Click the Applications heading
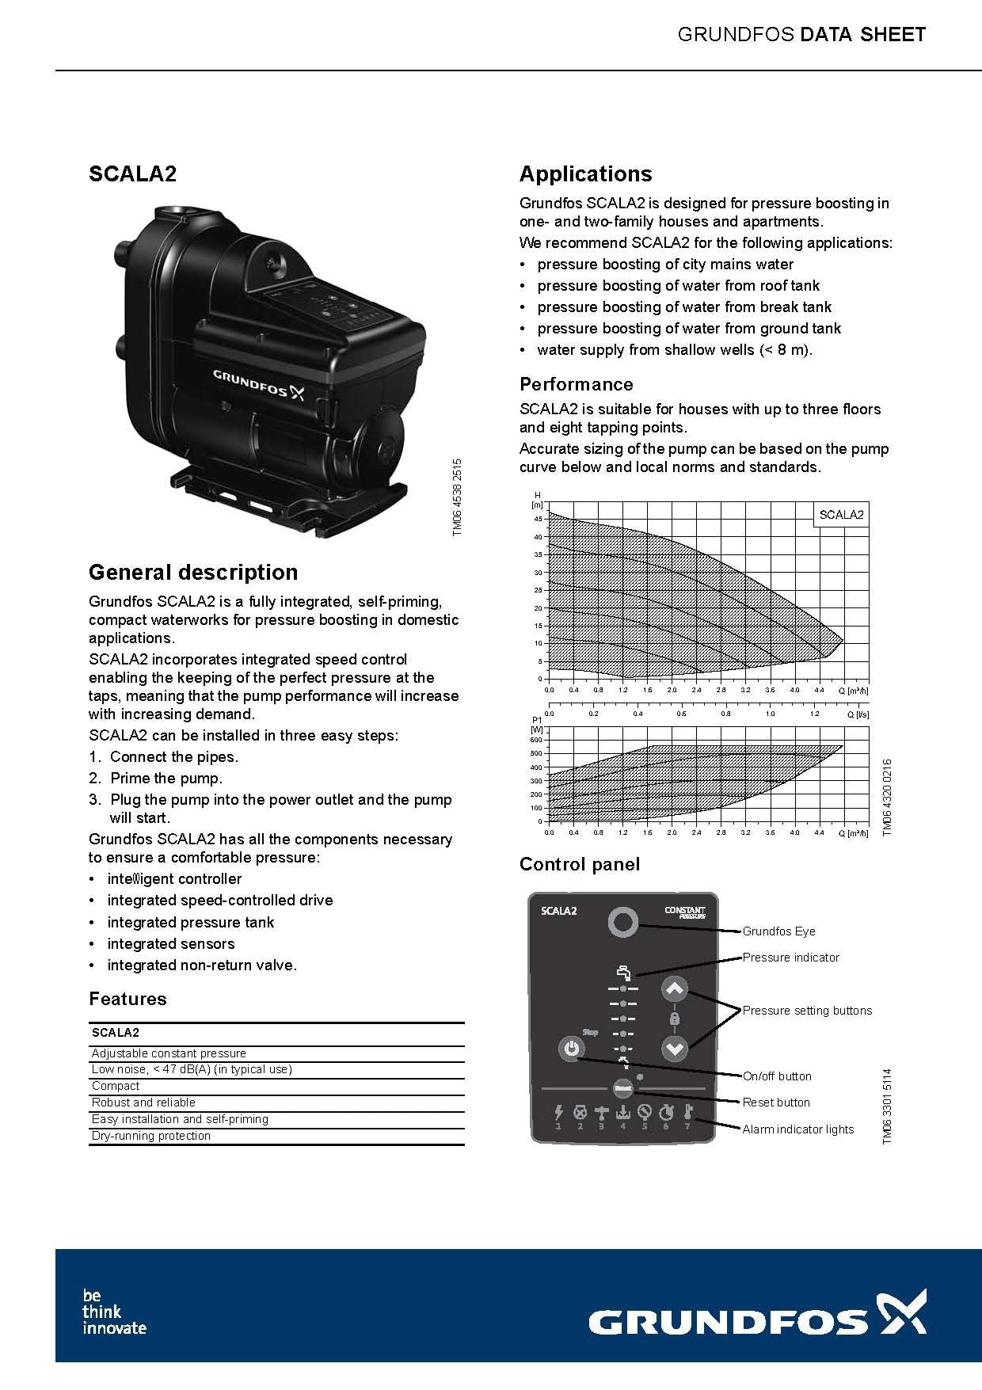pos(585,174)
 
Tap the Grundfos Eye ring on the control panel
pos(623,922)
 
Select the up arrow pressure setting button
pos(674,989)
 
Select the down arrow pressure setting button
pos(674,1049)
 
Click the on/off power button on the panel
pos(570,1049)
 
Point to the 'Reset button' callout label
pos(776,1102)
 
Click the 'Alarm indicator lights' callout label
pos(797,1129)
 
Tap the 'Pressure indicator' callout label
pos(790,958)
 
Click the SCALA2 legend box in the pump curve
pos(841,515)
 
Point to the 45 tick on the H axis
pos(538,520)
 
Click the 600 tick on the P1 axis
pos(536,740)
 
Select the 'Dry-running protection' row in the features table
pos(151,1136)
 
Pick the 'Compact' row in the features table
pos(116,1086)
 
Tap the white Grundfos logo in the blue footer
pos(757,1322)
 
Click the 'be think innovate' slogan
pos(114,1312)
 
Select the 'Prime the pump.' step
pos(166,778)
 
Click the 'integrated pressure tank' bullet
pos(190,922)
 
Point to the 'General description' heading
pos(193,572)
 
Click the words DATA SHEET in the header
pos(862,34)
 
